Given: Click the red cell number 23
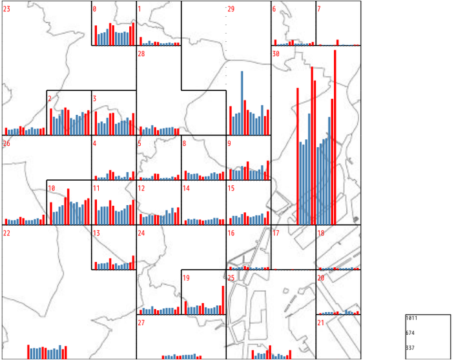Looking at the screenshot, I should coord(6,9).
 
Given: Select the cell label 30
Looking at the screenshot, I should coord(276,54).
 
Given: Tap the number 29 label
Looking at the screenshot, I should coord(231,9).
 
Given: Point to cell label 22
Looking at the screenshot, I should coord(6,233).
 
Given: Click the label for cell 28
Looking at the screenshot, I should coord(141,54).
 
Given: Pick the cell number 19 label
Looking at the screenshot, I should coord(186,278).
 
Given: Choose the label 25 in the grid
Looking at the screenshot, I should coord(231,278).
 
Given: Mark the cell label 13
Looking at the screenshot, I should coord(96,233).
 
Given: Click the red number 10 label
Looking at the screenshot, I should coord(51,188).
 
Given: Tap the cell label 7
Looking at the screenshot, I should coord(319,9).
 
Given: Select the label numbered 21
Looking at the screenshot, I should coord(321,323).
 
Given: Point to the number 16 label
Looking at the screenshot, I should coord(231,233).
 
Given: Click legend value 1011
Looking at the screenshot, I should coord(412,319).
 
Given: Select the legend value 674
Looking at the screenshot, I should coord(411,333).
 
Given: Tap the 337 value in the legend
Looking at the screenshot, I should coord(411,348).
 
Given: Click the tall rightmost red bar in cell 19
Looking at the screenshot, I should coord(223,300).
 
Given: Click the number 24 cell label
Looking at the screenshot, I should coord(141,233).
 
